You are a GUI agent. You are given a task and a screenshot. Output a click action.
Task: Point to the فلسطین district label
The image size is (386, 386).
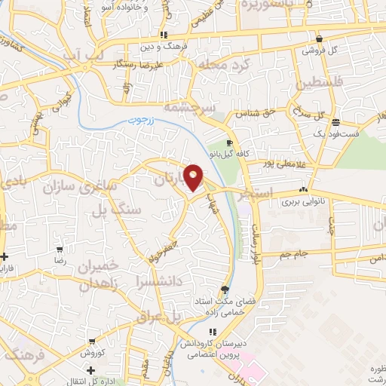pos(326,80)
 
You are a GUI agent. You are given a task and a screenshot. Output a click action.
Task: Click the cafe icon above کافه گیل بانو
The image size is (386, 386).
pos(229,142)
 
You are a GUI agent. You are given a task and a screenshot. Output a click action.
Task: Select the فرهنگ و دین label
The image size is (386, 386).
pos(163,46)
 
